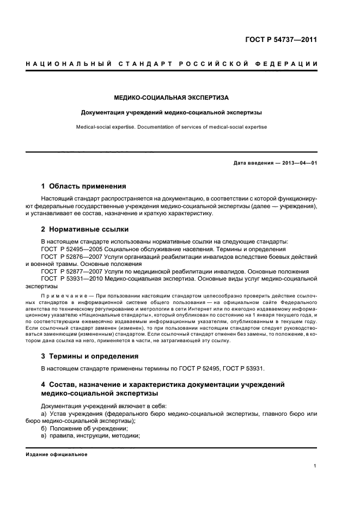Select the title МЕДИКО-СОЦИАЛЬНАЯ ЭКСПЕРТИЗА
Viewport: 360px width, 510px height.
tap(171, 98)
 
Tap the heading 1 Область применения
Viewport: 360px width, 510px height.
tap(84, 186)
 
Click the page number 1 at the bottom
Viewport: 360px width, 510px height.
tap(315, 466)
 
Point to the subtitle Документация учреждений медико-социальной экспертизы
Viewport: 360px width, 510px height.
tap(171, 113)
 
